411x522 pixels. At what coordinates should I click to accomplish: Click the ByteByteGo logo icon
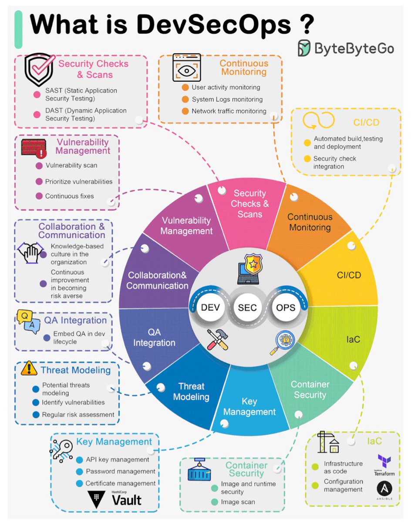click(x=305, y=48)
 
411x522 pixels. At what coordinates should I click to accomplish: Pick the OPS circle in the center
click(x=286, y=308)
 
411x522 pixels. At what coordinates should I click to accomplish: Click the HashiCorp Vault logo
click(x=115, y=498)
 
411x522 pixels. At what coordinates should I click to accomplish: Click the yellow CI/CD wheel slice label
click(x=349, y=275)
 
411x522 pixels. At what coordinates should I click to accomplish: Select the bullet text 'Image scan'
click(x=238, y=502)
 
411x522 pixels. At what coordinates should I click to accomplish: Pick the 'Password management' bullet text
click(x=121, y=472)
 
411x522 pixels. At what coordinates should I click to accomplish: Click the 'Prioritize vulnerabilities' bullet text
click(x=79, y=181)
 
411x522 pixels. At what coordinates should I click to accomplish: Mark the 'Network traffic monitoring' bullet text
click(x=229, y=111)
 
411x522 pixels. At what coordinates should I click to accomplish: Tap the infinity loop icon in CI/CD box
click(x=318, y=120)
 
